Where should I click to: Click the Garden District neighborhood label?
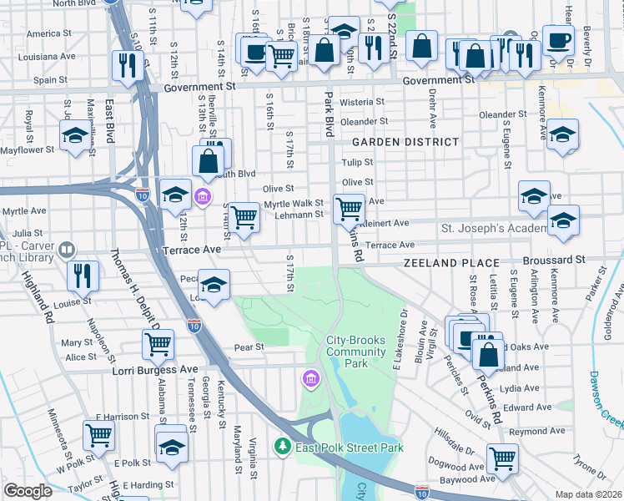tap(405, 142)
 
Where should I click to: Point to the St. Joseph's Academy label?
tap(493, 228)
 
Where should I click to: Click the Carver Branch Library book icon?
tap(66, 249)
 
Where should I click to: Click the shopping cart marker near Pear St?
tap(157, 342)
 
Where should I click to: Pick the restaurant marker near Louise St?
tap(83, 276)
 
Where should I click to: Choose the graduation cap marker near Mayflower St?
tap(75, 135)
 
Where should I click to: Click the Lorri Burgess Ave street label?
tap(154, 368)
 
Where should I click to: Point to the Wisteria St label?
tap(360, 102)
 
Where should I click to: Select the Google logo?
tap(28, 491)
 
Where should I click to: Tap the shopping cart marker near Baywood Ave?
tap(501, 458)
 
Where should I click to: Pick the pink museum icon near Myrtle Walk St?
tap(203, 197)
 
